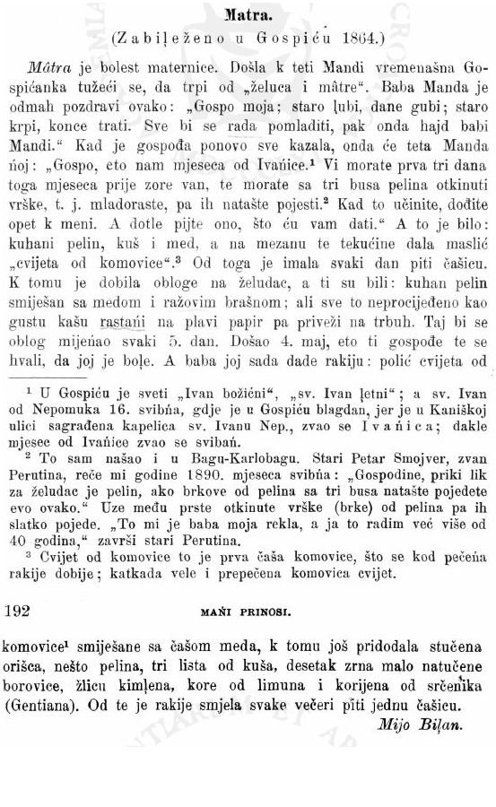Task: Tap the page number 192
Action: click(x=19, y=611)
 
